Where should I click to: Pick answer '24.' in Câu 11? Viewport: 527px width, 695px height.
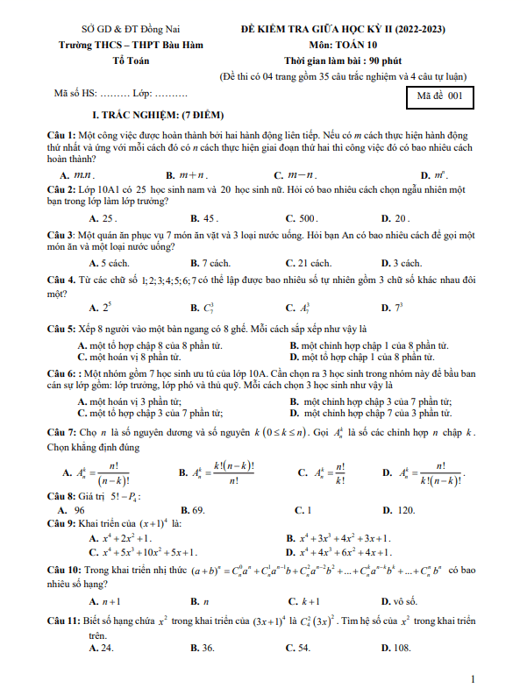105,648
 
